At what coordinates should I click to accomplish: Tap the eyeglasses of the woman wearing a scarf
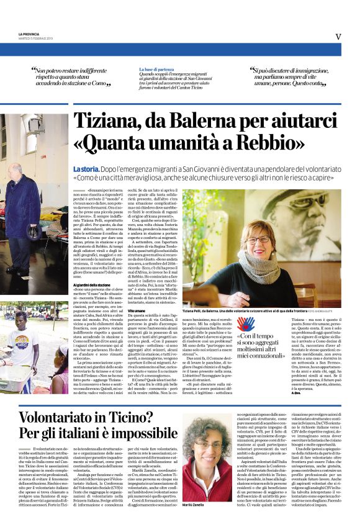point(259,240)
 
